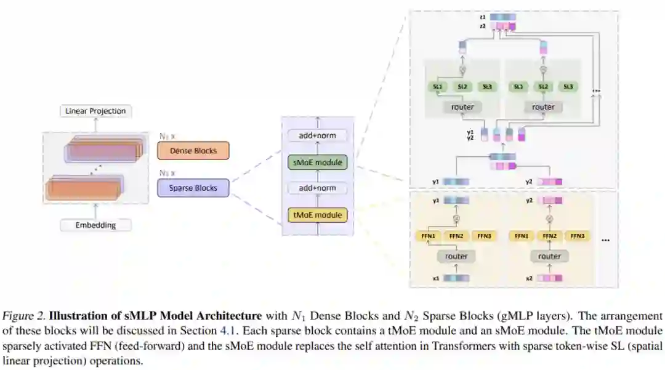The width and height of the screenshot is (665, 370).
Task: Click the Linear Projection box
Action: pyautogui.click(x=95, y=111)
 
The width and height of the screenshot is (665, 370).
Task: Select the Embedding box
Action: pyautogui.click(x=95, y=225)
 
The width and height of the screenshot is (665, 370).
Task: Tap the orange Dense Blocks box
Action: pyautogui.click(x=193, y=151)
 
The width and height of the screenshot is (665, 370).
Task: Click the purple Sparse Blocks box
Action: pyautogui.click(x=193, y=188)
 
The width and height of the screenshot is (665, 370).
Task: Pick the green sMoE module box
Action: pyautogui.click(x=318, y=163)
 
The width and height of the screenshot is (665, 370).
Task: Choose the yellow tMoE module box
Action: pyautogui.click(x=318, y=215)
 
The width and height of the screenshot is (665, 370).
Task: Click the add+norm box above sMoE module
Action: pyautogui.click(x=318, y=135)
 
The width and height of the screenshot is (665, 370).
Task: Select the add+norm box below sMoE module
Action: pyautogui.click(x=318, y=188)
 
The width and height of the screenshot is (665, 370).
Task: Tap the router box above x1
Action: pyautogui.click(x=456, y=256)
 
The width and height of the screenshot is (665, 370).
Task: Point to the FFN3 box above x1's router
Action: pyautogui.click(x=483, y=236)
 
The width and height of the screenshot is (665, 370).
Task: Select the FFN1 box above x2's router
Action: pyautogui.click(x=522, y=236)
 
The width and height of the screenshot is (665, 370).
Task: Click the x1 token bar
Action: pyautogui.click(x=456, y=278)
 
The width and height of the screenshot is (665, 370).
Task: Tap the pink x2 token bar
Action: pyautogui.click(x=549, y=278)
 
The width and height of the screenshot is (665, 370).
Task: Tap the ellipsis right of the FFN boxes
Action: pyautogui.click(x=605, y=239)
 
